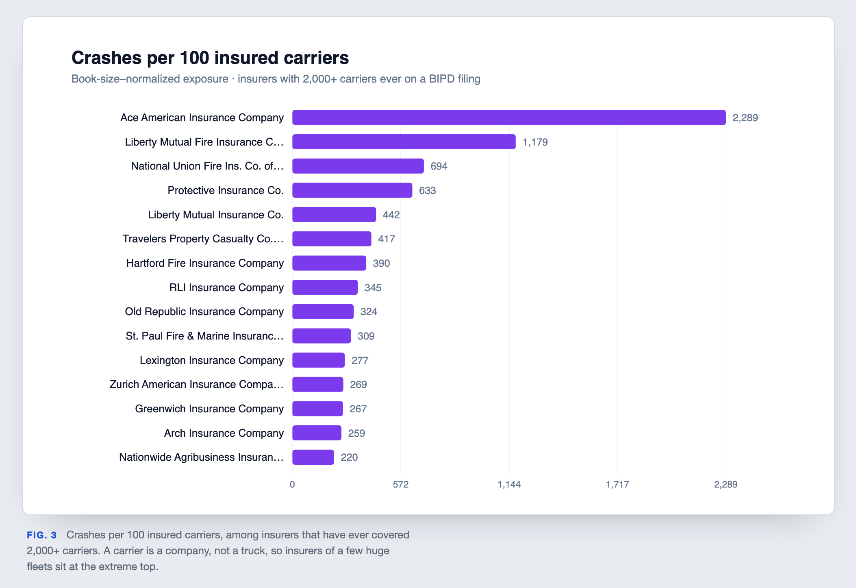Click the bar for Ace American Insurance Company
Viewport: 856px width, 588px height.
click(509, 118)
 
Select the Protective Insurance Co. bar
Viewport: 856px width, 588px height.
click(352, 190)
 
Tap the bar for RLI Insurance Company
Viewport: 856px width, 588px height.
click(325, 287)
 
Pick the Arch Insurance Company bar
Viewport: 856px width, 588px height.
click(317, 433)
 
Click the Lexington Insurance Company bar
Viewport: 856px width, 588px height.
click(318, 360)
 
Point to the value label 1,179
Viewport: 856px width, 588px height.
click(535, 142)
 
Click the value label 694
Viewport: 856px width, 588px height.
click(439, 166)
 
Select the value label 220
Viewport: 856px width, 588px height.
click(349, 457)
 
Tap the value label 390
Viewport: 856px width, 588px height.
click(381, 264)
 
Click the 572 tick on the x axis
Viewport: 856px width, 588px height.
click(401, 484)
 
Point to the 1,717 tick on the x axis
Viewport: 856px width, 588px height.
click(617, 484)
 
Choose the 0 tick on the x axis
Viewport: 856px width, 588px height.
click(292, 484)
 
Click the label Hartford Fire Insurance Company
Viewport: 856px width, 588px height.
click(205, 263)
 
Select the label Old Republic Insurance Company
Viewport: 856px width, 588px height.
click(204, 311)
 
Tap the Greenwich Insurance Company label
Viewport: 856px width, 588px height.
click(209, 409)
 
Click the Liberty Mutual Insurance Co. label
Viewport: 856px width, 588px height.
click(216, 215)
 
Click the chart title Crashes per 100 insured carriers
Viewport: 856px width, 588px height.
click(210, 58)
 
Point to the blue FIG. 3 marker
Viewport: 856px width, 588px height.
click(41, 535)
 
